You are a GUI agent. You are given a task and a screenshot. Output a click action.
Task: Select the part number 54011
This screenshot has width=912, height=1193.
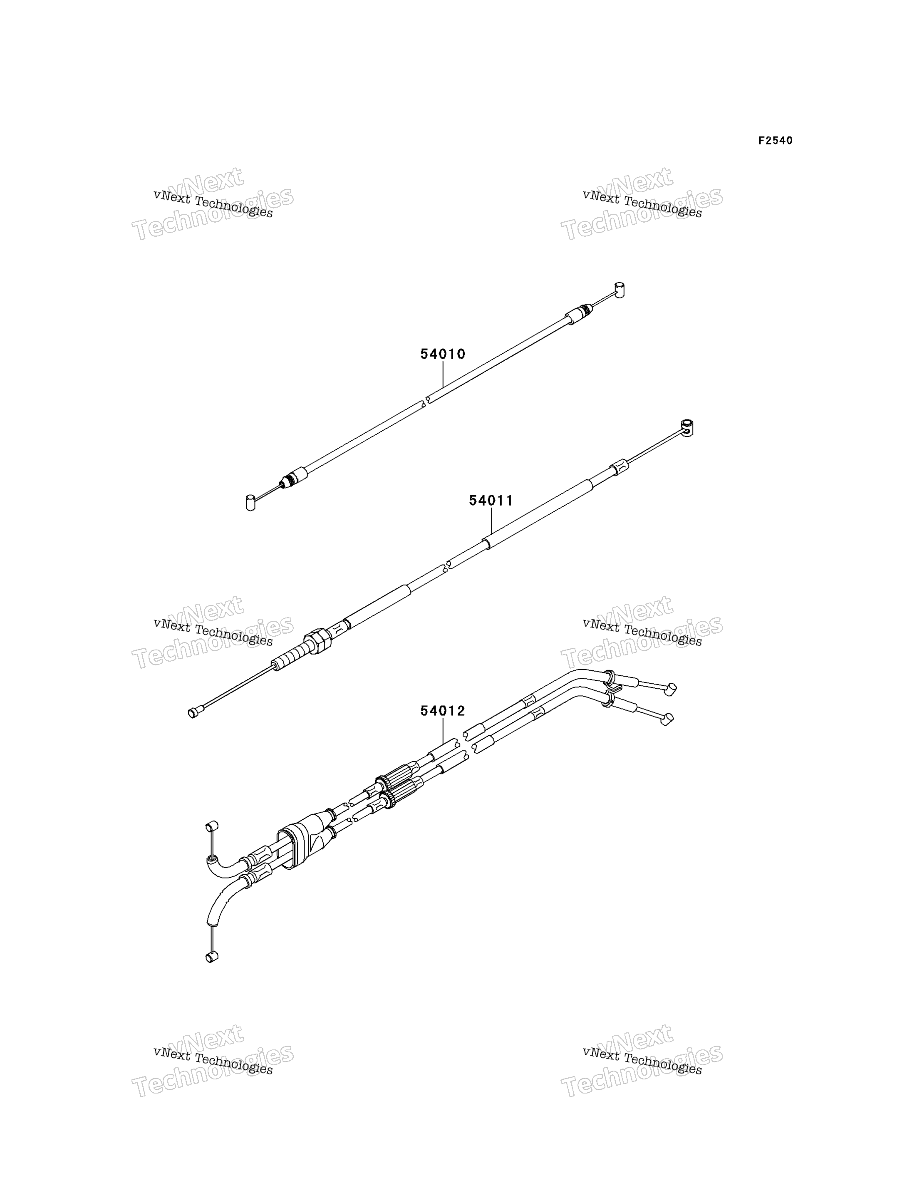point(491,500)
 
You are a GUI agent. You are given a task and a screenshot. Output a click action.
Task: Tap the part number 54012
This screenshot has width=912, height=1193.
point(442,711)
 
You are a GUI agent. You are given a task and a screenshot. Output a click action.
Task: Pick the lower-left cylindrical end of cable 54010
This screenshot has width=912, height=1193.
point(250,502)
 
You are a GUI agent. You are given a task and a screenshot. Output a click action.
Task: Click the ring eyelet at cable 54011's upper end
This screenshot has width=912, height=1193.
point(687,428)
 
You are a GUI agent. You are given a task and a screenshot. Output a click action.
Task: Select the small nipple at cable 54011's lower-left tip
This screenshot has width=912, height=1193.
point(193,712)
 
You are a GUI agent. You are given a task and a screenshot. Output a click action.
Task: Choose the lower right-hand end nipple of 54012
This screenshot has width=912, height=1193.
point(668,719)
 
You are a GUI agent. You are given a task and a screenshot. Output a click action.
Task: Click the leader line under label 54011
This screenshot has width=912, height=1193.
point(491,522)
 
